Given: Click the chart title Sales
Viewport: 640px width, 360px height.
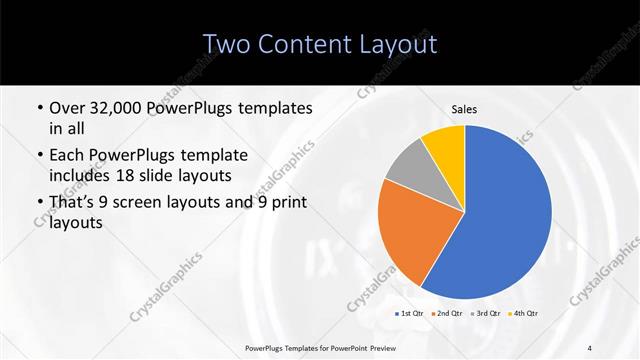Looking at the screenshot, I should pyautogui.click(x=464, y=108).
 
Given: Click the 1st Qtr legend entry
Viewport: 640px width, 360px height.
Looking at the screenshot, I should pyautogui.click(x=410, y=313).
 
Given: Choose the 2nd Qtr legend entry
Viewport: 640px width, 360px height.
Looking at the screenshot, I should pyautogui.click(x=447, y=313).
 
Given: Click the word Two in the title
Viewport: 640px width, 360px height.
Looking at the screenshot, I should pyautogui.click(x=229, y=44).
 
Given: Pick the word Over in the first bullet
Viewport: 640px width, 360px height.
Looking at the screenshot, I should pyautogui.click(x=68, y=107).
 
